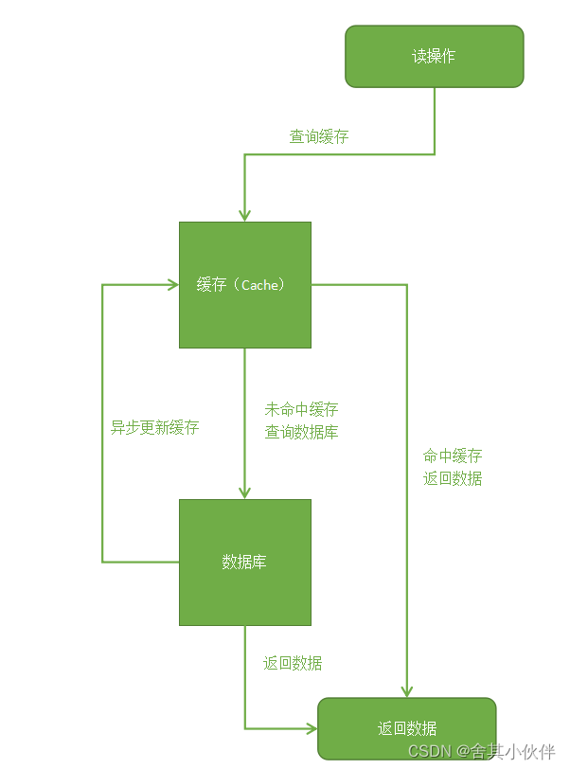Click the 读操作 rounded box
434,57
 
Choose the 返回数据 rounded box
407,728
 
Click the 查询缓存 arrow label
319,137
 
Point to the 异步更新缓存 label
155,427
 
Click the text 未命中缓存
302,410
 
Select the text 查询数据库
302,433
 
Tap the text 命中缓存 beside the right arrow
453,456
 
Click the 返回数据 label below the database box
293,663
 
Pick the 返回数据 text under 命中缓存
453,478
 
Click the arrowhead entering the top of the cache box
245,215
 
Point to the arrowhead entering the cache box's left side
172,284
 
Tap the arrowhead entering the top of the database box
245,492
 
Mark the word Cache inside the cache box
259,284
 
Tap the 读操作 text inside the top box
434,57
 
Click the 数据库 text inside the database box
244,562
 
